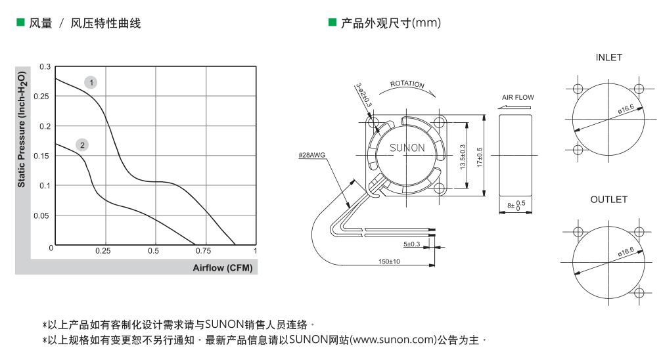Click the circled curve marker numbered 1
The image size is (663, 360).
[x=91, y=82]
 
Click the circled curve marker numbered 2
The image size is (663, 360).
[x=82, y=145]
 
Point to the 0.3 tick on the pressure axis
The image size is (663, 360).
[x=45, y=67]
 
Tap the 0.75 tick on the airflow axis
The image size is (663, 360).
[x=204, y=251]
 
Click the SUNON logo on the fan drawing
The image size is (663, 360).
[x=407, y=148]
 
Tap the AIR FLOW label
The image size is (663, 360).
[x=518, y=97]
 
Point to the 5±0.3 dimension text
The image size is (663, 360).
[x=412, y=244]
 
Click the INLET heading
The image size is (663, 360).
[x=608, y=58]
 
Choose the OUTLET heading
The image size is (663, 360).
[x=608, y=200]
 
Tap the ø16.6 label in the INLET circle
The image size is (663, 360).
[x=626, y=110]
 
